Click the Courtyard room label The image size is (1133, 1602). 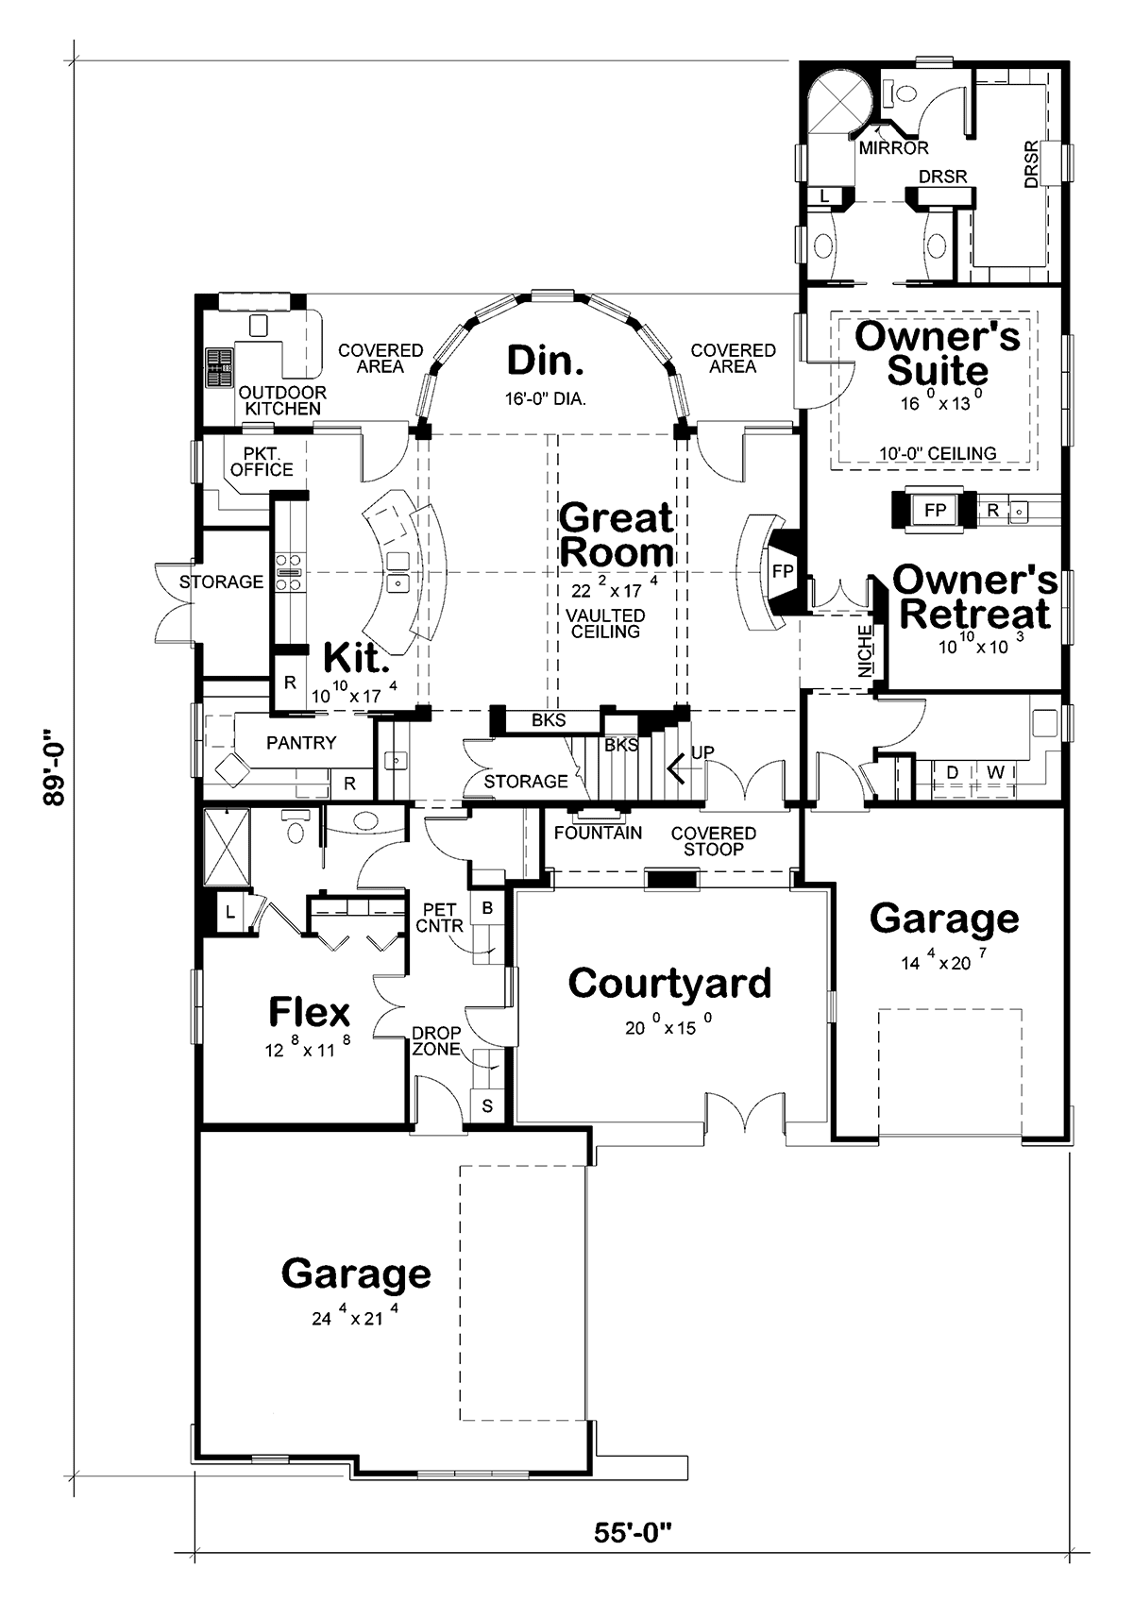669,983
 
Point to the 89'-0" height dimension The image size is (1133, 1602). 54,768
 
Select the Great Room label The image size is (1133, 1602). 616,534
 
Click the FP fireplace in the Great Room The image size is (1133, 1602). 783,571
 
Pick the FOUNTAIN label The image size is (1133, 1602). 598,833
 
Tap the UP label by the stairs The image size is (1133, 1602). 702,752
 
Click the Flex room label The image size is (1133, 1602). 309,1012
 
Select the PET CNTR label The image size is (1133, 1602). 439,918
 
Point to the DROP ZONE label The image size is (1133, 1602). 435,1040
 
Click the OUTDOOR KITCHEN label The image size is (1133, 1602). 282,400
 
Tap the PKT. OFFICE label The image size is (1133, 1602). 262,462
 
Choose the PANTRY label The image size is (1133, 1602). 301,742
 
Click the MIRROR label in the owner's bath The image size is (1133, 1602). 893,148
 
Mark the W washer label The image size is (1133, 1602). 996,772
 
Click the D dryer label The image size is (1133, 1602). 952,772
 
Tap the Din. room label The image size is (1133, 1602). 546,361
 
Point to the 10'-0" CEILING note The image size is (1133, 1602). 938,453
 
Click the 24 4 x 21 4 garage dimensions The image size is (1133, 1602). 355,1314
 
